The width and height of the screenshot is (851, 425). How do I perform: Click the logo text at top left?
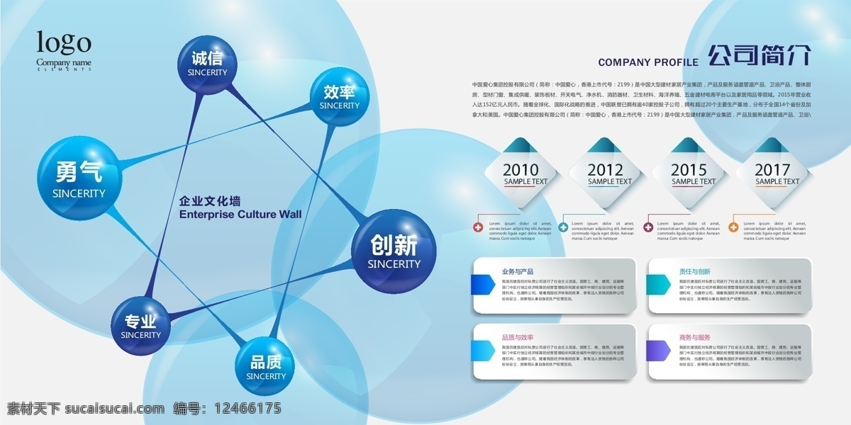tap(64, 44)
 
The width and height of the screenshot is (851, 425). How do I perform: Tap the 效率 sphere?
tap(339, 98)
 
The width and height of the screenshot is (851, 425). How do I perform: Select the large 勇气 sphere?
tap(79, 180)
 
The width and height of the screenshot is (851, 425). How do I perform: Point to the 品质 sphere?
tap(266, 368)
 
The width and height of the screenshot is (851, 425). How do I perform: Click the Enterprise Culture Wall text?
tap(240, 214)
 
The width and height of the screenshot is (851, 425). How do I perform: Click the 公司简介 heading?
tap(759, 56)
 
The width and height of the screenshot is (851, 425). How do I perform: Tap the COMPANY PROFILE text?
tap(648, 62)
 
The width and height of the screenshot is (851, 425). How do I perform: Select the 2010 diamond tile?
tap(521, 174)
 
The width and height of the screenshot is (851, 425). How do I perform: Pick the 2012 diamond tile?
tap(605, 174)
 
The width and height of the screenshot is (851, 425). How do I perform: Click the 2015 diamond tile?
tap(689, 174)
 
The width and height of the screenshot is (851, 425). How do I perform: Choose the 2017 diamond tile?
tap(772, 174)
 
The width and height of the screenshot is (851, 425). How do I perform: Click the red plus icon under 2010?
tap(479, 227)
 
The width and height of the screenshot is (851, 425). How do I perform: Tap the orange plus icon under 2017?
tap(733, 227)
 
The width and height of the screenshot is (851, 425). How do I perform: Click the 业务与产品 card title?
tap(517, 271)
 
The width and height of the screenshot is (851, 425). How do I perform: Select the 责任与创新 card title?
tap(694, 271)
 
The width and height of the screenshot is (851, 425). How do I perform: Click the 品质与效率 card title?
tap(517, 338)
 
